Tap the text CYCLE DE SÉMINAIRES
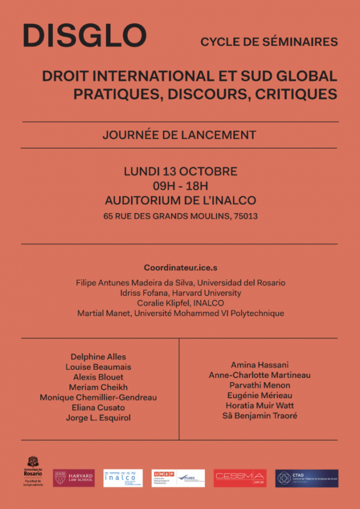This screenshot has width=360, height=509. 269,42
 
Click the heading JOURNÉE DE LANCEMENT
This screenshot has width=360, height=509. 179,135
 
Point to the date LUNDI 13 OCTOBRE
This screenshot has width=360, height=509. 181,171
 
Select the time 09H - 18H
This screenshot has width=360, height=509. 181,186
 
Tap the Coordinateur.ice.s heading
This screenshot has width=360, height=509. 180,268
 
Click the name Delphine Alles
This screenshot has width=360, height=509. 98,357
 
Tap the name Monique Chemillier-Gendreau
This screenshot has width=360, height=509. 98,398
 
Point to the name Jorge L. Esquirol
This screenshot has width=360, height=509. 98,418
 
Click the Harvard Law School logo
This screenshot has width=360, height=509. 74,478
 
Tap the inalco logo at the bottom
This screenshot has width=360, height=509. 123,478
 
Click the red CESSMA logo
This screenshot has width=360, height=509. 240,478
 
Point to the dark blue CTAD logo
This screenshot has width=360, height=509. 306,478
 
